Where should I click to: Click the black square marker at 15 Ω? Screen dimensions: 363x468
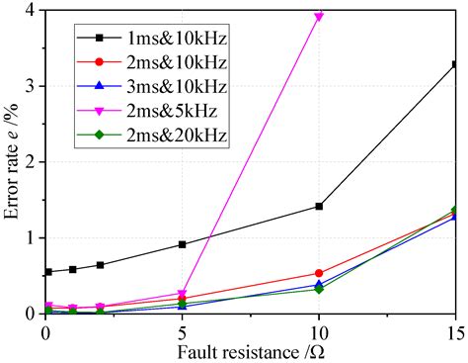[455, 64]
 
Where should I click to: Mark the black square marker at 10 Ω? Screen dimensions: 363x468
[319, 206]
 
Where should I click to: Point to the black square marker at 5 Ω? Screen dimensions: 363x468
[183, 244]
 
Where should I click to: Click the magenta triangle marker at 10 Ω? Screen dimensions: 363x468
[319, 17]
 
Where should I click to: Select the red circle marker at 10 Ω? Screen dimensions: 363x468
[319, 273]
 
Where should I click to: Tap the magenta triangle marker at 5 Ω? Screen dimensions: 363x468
[183, 294]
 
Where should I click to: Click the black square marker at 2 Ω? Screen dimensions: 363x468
[101, 265]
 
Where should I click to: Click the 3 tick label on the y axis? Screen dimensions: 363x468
[35, 86]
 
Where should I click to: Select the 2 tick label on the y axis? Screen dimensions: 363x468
[35, 162]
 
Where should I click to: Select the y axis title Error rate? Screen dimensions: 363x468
[12, 162]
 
